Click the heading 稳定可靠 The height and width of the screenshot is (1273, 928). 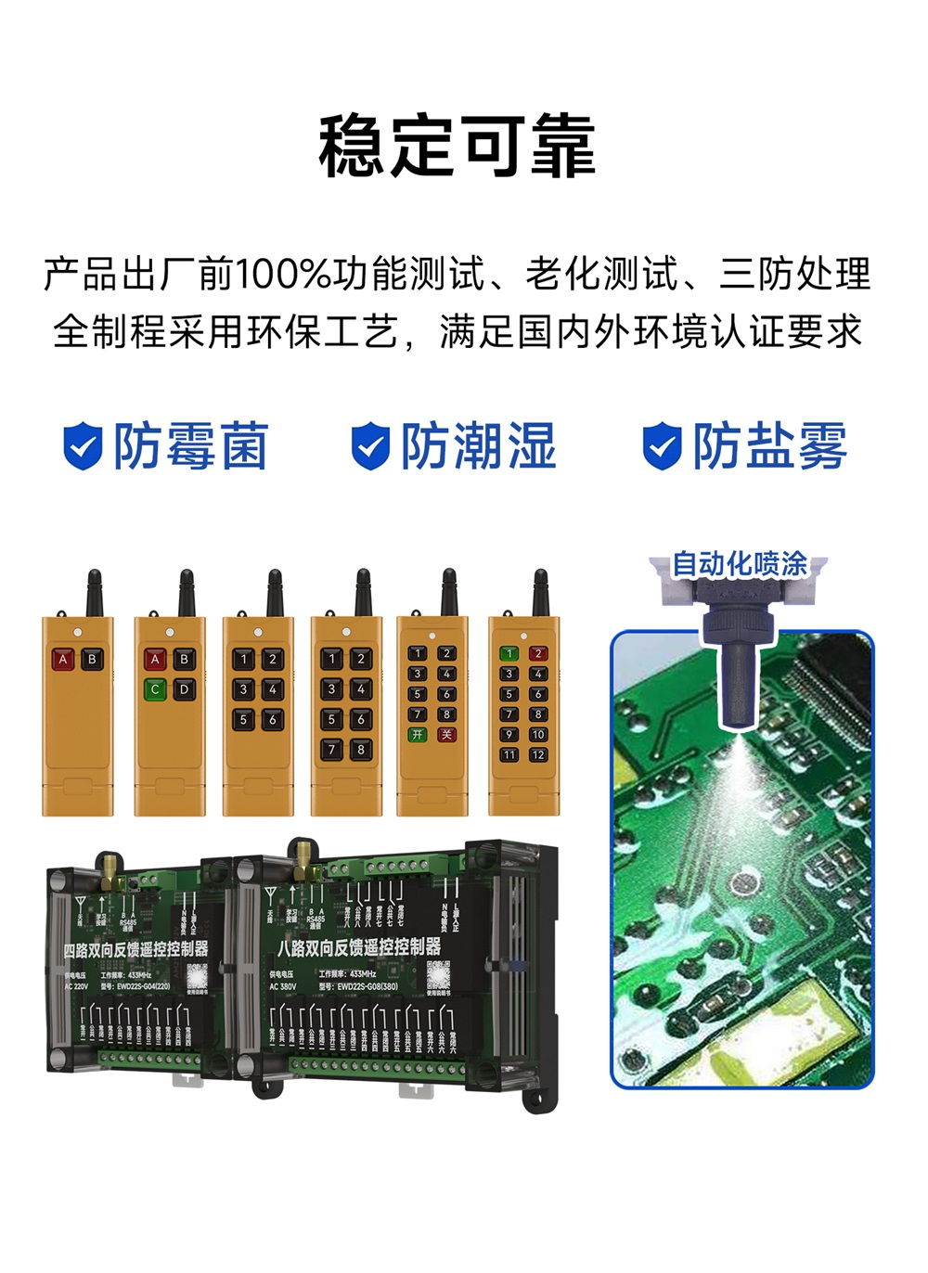tap(457, 146)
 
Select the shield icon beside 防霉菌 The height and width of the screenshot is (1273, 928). tap(82, 446)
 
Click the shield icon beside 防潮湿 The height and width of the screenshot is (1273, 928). tap(370, 446)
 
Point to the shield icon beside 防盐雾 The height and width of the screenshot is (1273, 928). tap(662, 446)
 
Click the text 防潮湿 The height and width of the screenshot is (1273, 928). tap(478, 446)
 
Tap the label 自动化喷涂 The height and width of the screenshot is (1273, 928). tap(739, 563)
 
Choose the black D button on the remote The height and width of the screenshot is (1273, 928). tap(184, 689)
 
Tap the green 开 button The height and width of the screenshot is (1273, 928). tap(418, 735)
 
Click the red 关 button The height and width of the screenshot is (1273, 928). tap(446, 735)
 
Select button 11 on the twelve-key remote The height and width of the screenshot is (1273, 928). tap(509, 755)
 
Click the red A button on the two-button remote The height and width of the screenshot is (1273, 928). tap(63, 661)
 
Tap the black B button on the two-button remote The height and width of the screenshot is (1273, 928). tap(92, 661)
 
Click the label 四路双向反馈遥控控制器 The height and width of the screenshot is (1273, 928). tap(135, 950)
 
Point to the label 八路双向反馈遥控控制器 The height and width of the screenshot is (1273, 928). tap(359, 947)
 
